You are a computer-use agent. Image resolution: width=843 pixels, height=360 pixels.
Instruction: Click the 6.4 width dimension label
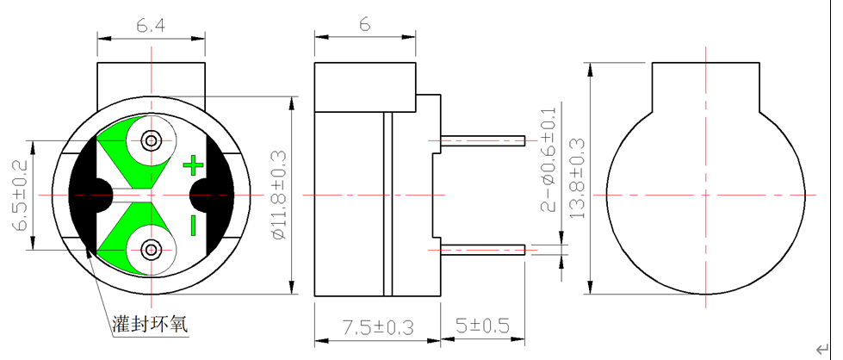click(151, 27)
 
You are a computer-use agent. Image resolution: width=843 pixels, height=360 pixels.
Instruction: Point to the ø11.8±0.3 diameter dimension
click(277, 196)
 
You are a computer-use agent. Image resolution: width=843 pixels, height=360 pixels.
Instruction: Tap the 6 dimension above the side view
click(364, 25)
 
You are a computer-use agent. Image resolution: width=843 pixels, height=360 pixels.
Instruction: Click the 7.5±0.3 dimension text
click(378, 327)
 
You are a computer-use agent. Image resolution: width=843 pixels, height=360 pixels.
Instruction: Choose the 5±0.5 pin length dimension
click(482, 327)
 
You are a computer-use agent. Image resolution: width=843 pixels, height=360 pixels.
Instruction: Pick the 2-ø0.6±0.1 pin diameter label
click(549, 159)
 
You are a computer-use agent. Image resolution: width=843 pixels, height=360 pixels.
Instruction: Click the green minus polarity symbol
click(193, 226)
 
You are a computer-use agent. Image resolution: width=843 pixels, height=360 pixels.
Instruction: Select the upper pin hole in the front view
click(152, 140)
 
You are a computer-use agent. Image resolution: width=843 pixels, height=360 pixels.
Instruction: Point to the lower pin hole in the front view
click(152, 250)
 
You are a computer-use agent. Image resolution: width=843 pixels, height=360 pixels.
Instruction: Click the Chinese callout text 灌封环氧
click(149, 325)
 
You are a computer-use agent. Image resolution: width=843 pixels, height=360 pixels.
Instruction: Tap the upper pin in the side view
click(482, 140)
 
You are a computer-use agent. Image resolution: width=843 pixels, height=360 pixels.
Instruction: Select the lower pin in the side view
click(482, 250)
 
